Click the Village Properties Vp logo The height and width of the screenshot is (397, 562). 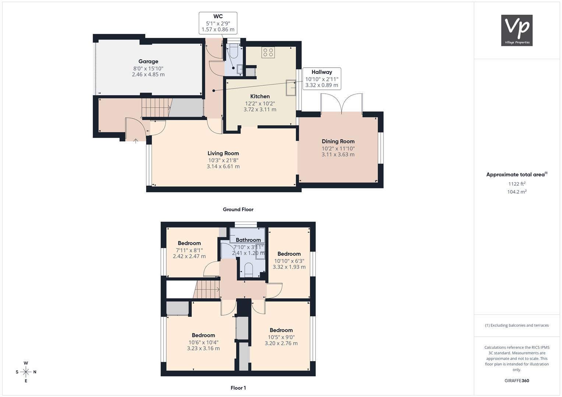(517, 30)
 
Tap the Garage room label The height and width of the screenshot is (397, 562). (148, 61)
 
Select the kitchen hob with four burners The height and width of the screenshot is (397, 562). (268, 52)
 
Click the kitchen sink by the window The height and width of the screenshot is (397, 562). (291, 88)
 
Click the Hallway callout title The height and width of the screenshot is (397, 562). (322, 72)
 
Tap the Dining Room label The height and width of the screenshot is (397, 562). (338, 142)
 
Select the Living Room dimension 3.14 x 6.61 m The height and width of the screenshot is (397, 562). (223, 167)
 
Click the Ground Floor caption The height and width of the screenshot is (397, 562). (238, 209)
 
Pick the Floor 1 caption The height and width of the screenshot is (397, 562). (238, 388)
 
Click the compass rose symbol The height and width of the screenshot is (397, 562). (26, 372)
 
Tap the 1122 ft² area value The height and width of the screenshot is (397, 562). (517, 184)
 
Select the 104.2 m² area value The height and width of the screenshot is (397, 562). (517, 192)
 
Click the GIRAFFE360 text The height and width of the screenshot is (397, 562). (517, 380)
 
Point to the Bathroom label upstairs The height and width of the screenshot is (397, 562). (248, 240)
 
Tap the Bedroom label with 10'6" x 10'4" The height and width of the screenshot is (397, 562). (203, 335)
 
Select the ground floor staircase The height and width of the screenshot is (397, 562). (156, 107)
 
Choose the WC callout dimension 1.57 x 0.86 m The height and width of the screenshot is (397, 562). (218, 29)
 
